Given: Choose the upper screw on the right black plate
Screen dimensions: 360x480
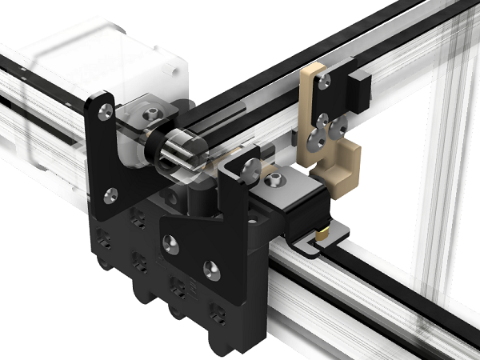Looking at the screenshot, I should pyautogui.click(x=250, y=170).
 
